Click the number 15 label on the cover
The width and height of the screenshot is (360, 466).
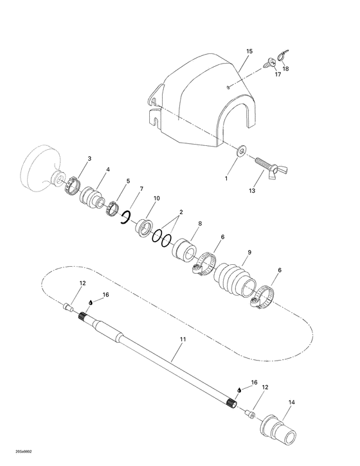[x=249, y=51]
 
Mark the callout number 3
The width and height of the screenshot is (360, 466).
[x=89, y=158]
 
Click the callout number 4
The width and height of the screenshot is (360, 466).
[x=107, y=170]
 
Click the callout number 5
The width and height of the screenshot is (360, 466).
[x=128, y=181]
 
